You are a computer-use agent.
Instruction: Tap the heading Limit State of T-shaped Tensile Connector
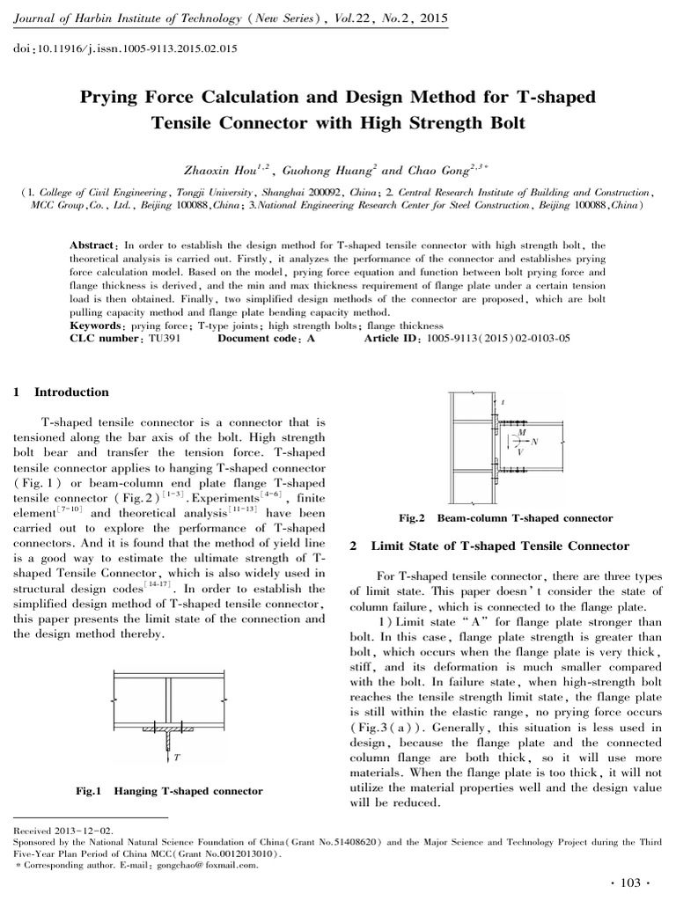(x=500, y=546)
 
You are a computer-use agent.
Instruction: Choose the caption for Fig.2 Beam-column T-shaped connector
(x=505, y=518)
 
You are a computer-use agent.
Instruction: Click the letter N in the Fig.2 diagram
(x=536, y=440)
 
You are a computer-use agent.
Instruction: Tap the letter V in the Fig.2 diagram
(x=522, y=451)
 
